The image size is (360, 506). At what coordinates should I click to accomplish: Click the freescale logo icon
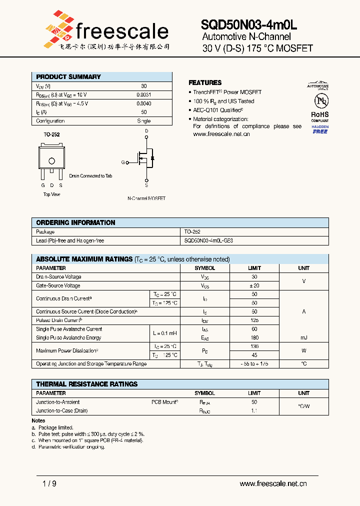pos(59,28)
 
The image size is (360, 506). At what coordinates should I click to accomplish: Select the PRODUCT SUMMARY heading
pos(68,77)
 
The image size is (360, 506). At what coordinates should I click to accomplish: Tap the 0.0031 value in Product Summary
pos(144,94)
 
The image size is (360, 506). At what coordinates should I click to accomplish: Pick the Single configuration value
pos(144,121)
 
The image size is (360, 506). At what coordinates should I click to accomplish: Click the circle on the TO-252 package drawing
pos(51,160)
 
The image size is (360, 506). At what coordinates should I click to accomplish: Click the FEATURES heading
pos(205,82)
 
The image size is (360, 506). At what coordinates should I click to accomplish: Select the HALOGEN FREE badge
pos(320,129)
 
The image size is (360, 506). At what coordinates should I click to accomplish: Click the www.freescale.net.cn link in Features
pos(221,134)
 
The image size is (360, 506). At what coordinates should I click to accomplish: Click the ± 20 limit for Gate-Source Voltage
pos(254,285)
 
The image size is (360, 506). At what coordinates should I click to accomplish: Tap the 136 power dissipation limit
pos(254,346)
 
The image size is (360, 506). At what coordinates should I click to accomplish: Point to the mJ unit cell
pos(303,338)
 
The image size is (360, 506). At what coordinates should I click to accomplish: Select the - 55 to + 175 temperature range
pos(254,364)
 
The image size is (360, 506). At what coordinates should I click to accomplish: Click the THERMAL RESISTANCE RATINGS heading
pos(87,384)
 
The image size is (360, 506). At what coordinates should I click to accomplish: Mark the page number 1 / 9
pos(43,483)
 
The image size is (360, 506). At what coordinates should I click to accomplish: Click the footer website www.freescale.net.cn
pos(273,483)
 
